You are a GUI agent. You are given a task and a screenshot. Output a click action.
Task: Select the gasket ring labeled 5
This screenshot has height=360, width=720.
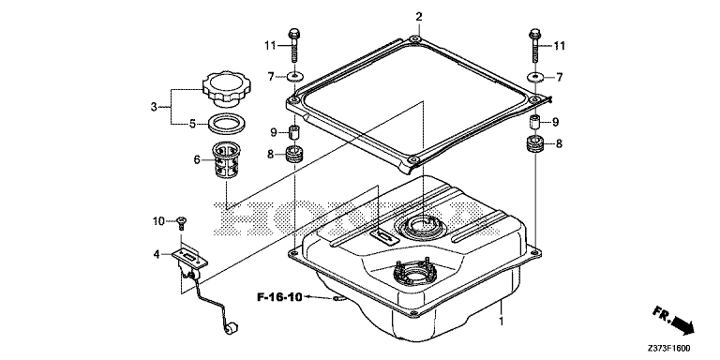[x=226, y=124]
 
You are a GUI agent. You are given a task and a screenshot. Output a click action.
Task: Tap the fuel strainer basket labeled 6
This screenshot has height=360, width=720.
[x=226, y=159]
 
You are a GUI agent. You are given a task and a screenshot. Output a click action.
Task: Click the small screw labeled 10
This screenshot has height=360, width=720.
[x=183, y=223]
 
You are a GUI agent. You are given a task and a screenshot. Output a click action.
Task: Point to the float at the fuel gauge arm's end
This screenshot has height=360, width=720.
[x=232, y=329]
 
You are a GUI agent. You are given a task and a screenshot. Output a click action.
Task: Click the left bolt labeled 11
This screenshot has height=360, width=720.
[x=293, y=46]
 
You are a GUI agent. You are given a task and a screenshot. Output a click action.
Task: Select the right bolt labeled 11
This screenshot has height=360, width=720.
[x=535, y=46]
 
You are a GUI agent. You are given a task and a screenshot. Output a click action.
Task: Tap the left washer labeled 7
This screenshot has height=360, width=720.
[x=293, y=76]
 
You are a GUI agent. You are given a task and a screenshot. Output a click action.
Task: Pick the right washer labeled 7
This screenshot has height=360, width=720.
[x=535, y=77]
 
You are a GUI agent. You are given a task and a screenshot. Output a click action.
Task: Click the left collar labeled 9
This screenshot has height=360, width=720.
[x=293, y=132]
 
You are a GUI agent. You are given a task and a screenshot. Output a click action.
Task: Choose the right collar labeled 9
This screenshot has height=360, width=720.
[x=535, y=123]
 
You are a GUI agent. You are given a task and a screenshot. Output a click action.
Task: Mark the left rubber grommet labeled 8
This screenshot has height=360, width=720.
[x=294, y=154]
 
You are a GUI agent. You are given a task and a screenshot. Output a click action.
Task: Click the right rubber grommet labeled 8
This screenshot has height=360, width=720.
[x=535, y=144]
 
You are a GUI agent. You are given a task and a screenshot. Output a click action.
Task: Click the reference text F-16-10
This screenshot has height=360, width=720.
[x=279, y=297]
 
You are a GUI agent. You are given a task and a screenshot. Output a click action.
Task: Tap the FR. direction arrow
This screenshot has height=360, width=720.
[x=673, y=321]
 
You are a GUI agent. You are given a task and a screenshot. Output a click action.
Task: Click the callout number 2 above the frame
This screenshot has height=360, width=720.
[x=418, y=18]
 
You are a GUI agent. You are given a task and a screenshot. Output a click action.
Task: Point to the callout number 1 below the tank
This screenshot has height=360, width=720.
[x=502, y=322]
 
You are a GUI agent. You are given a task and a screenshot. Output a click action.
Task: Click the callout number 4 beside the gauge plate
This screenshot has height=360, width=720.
[x=157, y=253]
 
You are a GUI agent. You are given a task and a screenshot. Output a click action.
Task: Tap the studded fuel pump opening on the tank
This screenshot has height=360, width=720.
[x=412, y=274]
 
